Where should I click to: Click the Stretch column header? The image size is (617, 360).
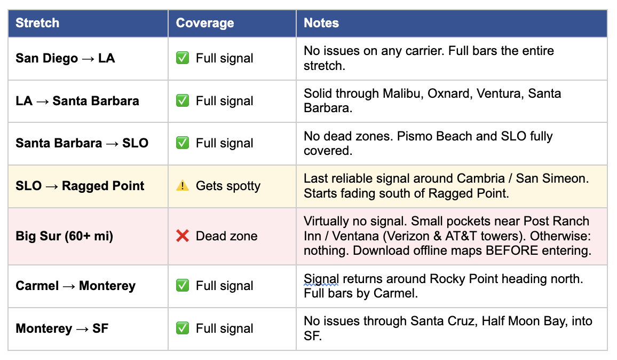click(37, 23)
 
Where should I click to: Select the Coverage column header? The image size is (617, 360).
click(205, 23)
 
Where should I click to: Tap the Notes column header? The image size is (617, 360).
click(321, 23)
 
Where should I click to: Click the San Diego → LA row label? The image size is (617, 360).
click(65, 58)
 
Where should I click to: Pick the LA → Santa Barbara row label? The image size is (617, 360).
click(77, 101)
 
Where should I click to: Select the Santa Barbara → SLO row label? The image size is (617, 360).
click(82, 143)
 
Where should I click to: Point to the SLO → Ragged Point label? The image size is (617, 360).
click(80, 186)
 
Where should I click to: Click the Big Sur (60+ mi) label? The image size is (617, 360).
click(65, 236)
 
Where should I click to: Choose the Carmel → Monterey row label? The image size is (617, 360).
click(76, 286)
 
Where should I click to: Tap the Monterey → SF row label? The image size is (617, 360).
click(62, 328)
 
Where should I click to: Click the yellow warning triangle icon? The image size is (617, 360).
click(183, 186)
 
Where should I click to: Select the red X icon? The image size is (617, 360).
click(183, 236)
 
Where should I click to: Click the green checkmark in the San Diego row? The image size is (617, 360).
click(183, 58)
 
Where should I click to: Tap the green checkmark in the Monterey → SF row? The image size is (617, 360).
click(183, 328)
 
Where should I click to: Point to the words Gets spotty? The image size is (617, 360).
click(228, 186)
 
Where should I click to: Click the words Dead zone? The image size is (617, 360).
click(226, 236)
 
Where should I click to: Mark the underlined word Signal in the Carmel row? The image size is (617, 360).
click(321, 279)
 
